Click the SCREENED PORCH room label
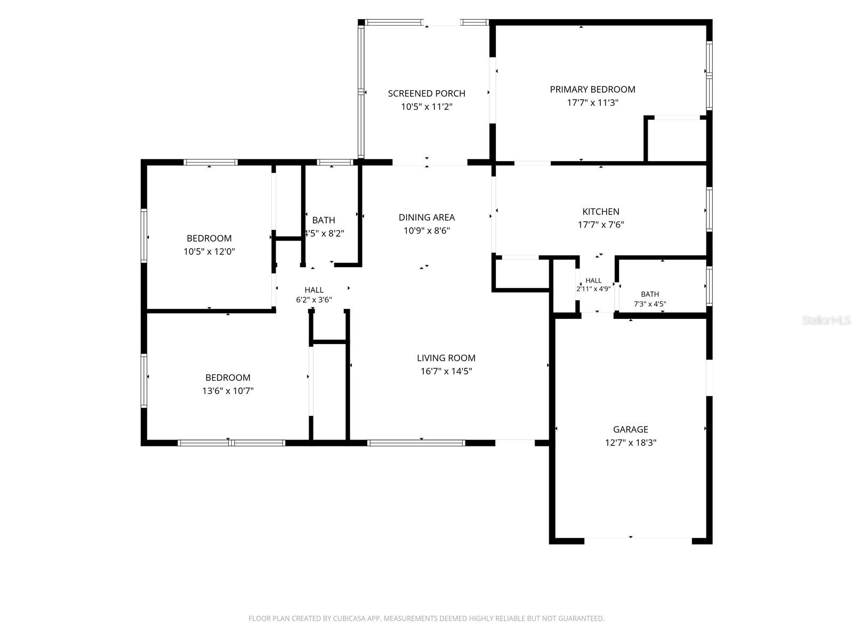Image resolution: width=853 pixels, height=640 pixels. click(426, 93)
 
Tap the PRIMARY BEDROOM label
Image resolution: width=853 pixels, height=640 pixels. click(592, 90)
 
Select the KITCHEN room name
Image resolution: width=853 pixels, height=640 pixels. click(601, 211)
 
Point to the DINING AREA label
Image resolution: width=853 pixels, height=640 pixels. click(426, 217)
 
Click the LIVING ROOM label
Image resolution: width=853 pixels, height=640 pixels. click(446, 358)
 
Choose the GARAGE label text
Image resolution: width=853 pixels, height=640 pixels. click(630, 429)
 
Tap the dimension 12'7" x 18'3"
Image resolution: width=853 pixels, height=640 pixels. click(630, 443)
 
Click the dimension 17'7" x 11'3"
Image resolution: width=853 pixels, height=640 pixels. click(592, 102)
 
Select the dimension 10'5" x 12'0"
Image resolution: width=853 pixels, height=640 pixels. click(209, 251)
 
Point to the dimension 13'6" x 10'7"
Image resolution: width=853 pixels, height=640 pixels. click(228, 390)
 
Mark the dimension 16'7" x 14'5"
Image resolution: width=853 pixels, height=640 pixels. click(446, 371)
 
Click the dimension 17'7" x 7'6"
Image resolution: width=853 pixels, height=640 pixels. click(601, 225)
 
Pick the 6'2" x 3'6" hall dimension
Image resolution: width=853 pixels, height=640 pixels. click(313, 300)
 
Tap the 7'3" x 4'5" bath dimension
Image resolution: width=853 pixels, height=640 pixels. click(650, 304)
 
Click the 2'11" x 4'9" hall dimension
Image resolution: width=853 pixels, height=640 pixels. click(593, 289)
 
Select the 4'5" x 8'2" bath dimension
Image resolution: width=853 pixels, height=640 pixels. click(324, 234)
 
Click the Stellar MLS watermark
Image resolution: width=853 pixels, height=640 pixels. click(826, 320)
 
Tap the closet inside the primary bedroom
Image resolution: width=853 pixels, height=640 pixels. click(677, 139)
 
